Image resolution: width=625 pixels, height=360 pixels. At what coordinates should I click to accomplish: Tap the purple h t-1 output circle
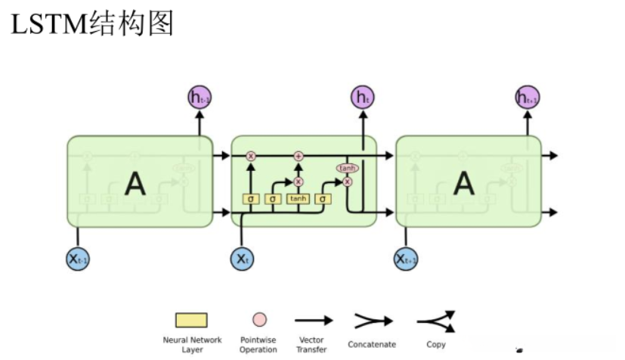coord(200,97)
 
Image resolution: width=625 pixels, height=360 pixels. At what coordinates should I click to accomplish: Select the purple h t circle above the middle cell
coord(362,97)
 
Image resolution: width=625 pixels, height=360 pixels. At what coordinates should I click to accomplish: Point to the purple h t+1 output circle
coord(528,97)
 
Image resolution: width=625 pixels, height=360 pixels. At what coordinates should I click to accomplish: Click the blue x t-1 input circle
coord(78,259)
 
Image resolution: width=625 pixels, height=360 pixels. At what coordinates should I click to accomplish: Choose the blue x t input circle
coord(242,259)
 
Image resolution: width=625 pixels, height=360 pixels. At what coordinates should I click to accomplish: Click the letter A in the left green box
coord(134,183)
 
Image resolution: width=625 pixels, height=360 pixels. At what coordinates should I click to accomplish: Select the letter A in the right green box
coord(463,183)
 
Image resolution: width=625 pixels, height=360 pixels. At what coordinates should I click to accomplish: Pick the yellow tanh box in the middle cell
coord(298,198)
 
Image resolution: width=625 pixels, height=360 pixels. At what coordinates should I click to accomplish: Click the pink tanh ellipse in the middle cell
coord(348,168)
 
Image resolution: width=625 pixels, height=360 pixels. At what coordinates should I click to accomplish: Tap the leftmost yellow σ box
coord(250,198)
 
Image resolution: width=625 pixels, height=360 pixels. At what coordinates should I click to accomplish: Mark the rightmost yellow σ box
coord(323,198)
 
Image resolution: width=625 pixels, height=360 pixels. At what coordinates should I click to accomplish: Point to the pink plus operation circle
coord(299,156)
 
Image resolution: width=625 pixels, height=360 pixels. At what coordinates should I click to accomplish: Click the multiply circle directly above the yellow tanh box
coord(299,182)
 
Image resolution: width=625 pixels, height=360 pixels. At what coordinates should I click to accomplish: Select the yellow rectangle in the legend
coord(191,321)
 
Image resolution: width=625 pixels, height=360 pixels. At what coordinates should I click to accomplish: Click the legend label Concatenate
coord(371,345)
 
